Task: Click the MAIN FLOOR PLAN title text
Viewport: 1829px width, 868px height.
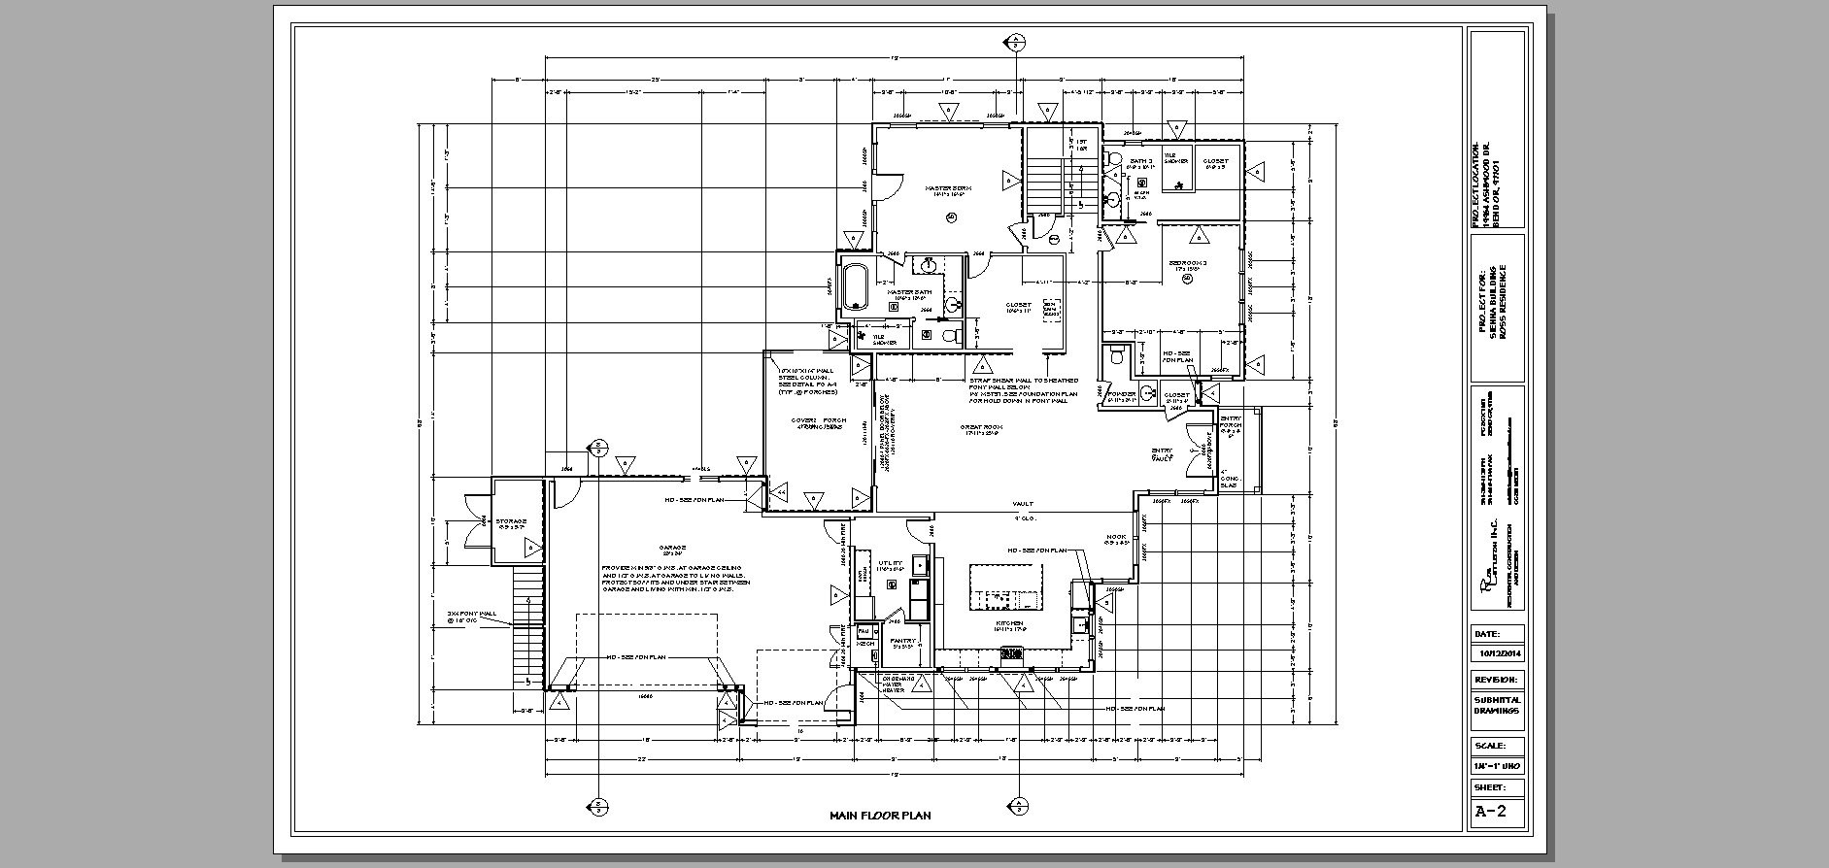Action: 879,816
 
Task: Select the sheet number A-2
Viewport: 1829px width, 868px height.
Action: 1490,812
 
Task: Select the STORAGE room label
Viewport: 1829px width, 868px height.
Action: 511,521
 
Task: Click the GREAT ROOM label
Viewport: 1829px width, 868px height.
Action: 982,426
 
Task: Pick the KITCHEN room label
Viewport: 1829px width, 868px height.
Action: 1009,623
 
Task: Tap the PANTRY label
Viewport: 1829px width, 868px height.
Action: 903,641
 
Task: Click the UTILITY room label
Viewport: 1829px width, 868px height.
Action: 890,563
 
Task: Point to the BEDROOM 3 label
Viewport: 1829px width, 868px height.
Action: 1187,263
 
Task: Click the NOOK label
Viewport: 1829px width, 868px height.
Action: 1115,537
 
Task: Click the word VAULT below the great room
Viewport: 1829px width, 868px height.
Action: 1022,503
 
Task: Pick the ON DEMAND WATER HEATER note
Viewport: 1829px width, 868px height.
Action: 893,684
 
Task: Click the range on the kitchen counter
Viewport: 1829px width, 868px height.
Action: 1012,653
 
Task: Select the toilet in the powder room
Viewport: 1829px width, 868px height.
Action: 1117,356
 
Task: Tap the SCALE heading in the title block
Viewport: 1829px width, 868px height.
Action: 1490,747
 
